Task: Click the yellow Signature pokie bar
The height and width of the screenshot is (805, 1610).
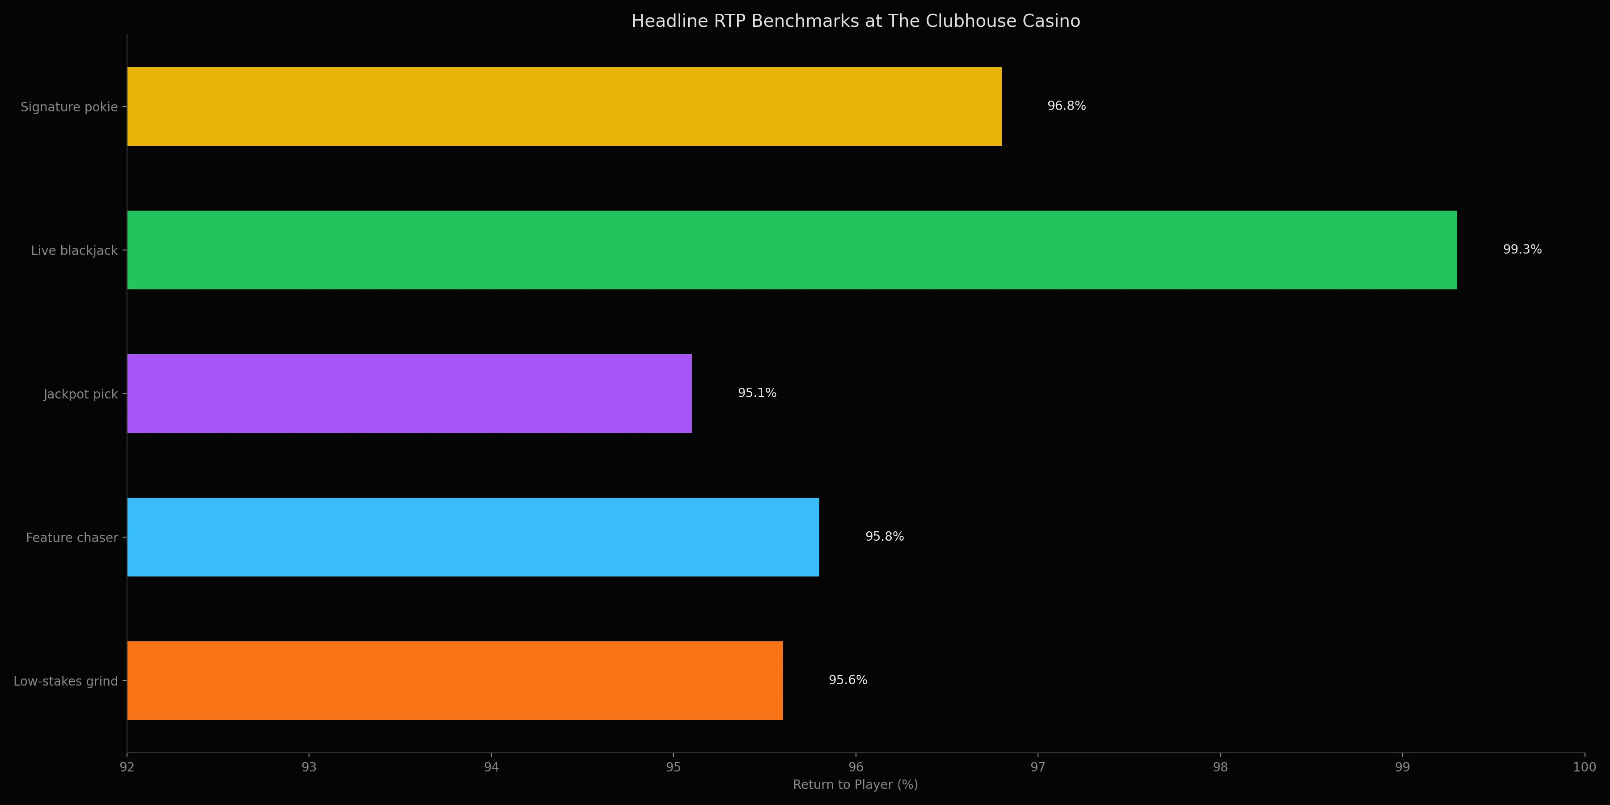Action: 564,106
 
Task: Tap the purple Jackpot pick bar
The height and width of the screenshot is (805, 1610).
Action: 409,394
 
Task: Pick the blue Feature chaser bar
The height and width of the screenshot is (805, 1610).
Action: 473,537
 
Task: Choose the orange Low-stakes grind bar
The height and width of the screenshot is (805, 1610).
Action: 454,681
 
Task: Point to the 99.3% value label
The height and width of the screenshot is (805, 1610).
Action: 1522,250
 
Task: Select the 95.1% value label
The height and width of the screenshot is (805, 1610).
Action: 757,393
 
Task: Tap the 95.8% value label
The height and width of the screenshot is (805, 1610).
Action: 884,536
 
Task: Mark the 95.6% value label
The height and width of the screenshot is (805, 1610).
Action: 847,680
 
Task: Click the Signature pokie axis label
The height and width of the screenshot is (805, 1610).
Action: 69,107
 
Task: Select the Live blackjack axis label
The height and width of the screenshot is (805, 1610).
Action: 74,250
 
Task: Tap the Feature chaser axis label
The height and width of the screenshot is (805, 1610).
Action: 72,538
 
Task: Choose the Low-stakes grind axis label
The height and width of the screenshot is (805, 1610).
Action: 66,681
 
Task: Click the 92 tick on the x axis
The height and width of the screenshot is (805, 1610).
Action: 127,767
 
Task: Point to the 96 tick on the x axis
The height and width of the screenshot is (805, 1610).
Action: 856,767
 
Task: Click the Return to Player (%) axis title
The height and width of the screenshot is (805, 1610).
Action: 855,784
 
